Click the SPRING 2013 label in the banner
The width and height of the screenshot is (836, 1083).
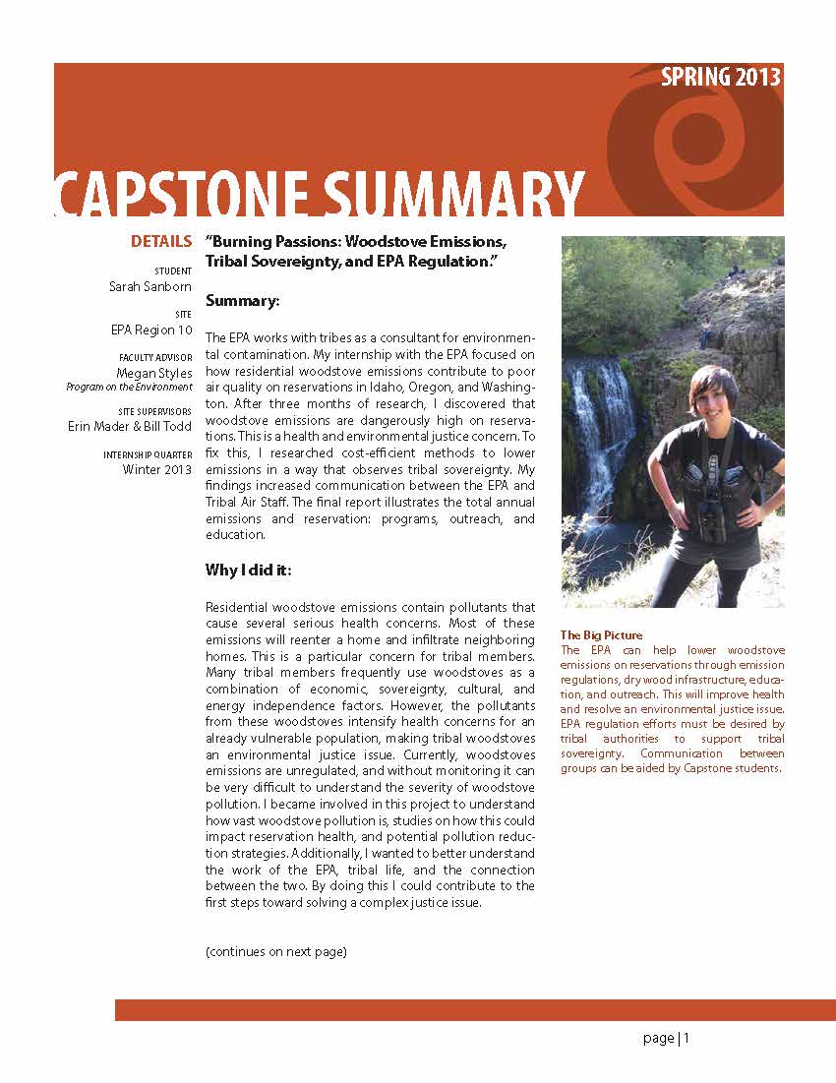pos(721,78)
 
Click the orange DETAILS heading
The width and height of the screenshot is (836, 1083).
pos(161,242)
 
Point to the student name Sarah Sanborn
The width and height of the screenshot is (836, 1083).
pos(150,286)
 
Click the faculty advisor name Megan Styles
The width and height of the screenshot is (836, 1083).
pos(155,374)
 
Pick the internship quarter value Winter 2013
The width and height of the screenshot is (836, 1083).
pos(157,469)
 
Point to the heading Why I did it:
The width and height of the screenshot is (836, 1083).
pos(248,571)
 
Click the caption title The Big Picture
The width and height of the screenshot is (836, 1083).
pos(601,635)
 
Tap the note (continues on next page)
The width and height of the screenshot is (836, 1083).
pos(276,952)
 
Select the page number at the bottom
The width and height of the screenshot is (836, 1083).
pos(668,1039)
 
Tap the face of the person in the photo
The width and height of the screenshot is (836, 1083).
pos(714,397)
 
